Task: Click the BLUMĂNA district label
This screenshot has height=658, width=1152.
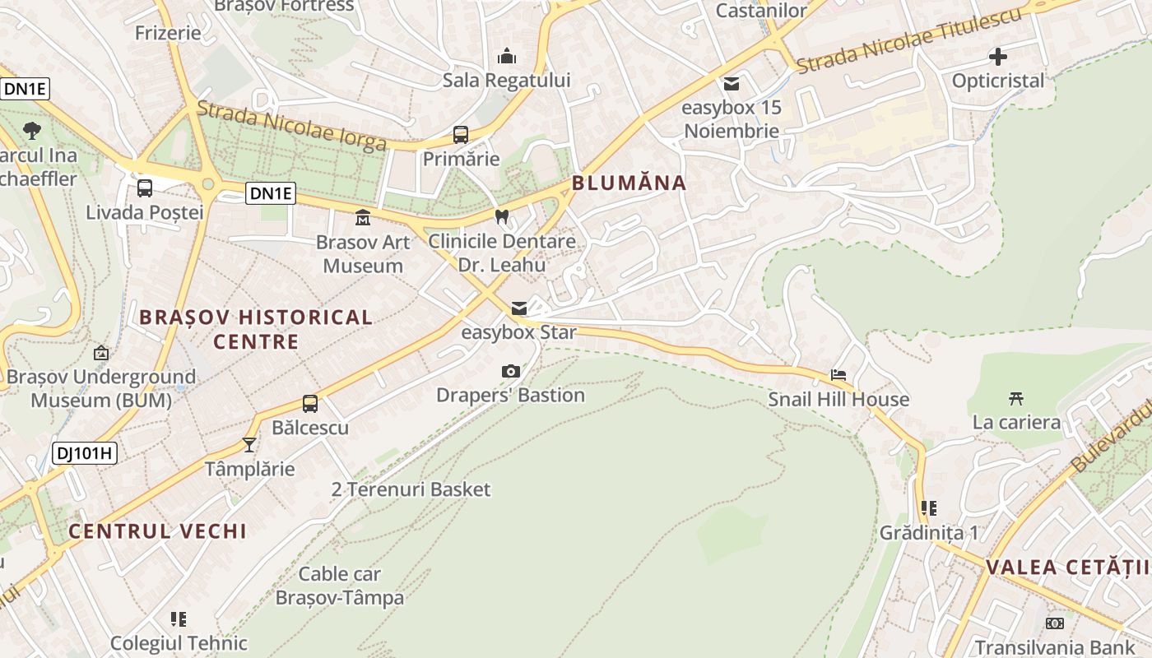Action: [629, 183]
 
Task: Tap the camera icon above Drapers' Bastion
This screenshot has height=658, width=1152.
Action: [511, 372]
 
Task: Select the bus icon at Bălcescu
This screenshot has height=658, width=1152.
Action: [310, 404]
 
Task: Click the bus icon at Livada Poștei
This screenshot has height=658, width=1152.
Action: [145, 188]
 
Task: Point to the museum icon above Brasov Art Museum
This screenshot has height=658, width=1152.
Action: [362, 218]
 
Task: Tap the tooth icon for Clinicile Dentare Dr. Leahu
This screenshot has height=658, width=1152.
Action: [502, 216]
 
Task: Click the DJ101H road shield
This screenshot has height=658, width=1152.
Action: [85, 452]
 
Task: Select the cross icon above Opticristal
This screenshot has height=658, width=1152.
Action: [998, 57]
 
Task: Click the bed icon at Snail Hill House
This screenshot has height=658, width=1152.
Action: [838, 375]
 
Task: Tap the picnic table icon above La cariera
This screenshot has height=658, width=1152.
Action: [1016, 399]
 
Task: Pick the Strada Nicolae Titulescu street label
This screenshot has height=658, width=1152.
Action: [909, 40]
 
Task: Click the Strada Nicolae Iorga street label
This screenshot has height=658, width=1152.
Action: [291, 127]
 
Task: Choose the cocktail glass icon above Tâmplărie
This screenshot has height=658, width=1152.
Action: [249, 445]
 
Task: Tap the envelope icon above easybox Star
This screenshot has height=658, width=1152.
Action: [518, 308]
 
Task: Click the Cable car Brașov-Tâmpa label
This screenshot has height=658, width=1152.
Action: [340, 586]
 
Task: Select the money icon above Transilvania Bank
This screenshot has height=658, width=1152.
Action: [1054, 623]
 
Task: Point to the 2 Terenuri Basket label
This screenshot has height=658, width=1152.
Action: [411, 489]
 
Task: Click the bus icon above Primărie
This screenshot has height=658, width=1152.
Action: [461, 134]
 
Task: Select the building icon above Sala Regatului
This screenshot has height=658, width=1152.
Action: [507, 57]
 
